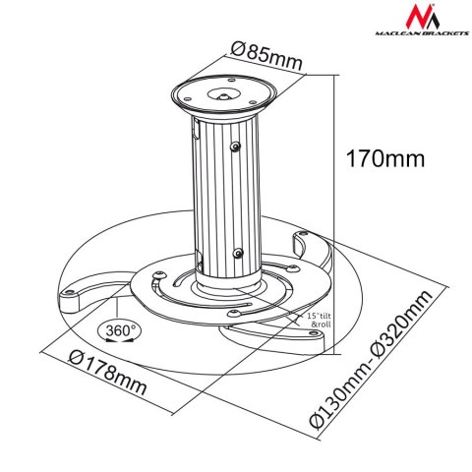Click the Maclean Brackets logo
pyautogui.click(x=414, y=29)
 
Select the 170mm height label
pyautogui.click(x=381, y=154)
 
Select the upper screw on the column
pyautogui.click(x=236, y=147)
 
